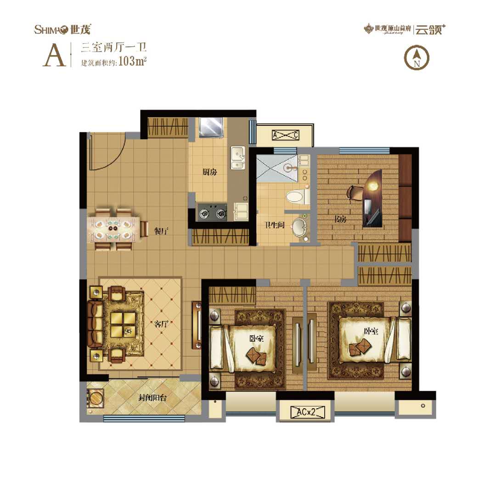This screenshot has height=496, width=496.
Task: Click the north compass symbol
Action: click(416, 58)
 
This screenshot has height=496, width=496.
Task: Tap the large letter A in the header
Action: click(54, 55)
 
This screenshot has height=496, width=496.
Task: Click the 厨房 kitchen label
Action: click(209, 173)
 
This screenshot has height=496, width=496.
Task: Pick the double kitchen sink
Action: click(238, 158)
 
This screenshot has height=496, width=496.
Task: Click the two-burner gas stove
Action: click(213, 213)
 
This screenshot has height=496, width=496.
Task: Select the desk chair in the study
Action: click(355, 192)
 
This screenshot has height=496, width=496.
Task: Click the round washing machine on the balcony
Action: click(95, 398)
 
